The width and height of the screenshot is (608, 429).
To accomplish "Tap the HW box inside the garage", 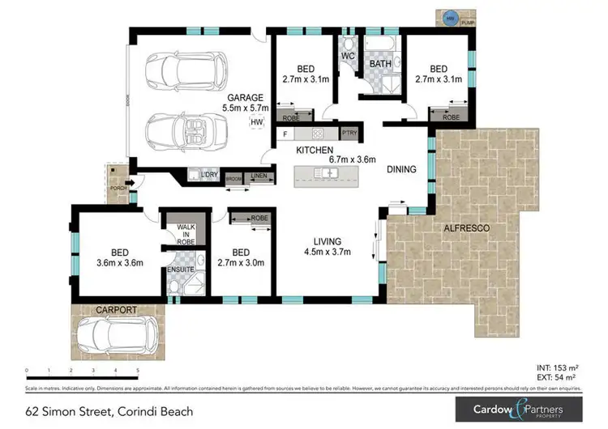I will coord(257,122).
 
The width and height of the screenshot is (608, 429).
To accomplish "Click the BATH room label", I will coord(381,63).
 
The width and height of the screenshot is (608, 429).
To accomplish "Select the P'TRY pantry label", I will coord(350,133).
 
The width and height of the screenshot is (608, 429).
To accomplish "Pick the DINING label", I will coord(401,170).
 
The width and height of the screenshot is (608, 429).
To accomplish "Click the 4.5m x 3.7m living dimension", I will coord(328,252).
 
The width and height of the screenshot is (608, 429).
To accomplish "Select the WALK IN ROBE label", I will coord(186,234).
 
